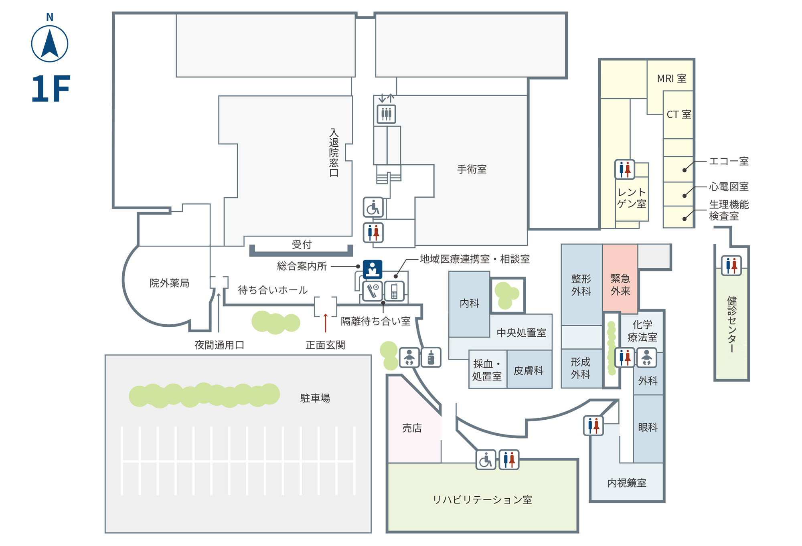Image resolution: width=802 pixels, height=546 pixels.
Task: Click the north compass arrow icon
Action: click(x=50, y=44)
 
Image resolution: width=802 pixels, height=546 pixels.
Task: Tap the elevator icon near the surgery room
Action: click(x=386, y=114)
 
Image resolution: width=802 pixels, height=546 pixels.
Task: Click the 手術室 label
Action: click(x=472, y=169)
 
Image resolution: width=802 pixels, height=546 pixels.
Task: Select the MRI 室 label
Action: click(x=672, y=79)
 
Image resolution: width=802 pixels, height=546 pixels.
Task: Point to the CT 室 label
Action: click(x=679, y=115)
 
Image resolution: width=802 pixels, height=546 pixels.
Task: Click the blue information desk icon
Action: click(x=373, y=269)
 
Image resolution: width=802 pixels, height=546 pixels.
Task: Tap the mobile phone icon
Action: click(x=394, y=291)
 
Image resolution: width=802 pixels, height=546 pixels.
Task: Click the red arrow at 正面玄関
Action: click(x=325, y=323)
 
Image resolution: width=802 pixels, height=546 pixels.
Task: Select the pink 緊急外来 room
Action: click(x=620, y=279)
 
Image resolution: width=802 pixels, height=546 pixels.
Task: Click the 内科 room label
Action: click(x=470, y=303)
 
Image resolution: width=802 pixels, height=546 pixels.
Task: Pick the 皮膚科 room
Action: click(x=529, y=369)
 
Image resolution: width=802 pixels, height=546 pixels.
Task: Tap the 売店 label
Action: click(x=412, y=428)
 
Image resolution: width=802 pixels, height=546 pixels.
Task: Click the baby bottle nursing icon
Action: click(x=431, y=357)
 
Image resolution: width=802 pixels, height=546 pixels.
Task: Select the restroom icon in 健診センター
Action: click(x=731, y=265)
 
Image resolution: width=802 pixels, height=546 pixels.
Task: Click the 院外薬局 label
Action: click(x=169, y=283)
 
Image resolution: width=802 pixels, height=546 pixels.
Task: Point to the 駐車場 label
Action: click(x=315, y=398)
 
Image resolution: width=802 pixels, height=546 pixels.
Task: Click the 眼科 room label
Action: click(x=648, y=427)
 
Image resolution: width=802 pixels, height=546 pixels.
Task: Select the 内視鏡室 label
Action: click(x=627, y=483)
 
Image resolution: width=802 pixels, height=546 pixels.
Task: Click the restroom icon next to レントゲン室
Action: click(x=625, y=169)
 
